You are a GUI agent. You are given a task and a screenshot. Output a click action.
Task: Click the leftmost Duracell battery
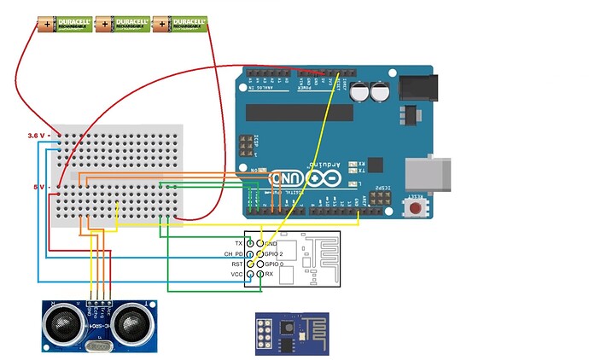click(x=64, y=25)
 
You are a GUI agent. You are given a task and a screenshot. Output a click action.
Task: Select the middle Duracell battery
click(x=120, y=25)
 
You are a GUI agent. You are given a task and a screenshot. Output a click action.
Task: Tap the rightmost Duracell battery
click(x=179, y=25)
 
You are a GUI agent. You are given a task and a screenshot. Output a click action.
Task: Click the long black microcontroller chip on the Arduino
click(x=299, y=113)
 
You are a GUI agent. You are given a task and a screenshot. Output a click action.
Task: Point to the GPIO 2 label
click(x=275, y=254)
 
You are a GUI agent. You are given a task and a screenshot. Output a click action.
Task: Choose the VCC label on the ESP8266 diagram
click(x=238, y=275)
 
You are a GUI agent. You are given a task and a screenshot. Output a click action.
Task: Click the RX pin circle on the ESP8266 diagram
click(x=260, y=275)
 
